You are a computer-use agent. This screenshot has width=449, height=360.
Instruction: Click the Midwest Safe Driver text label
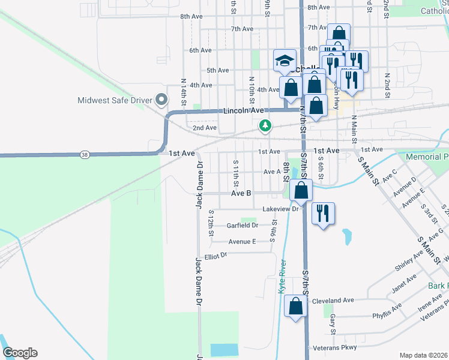112,100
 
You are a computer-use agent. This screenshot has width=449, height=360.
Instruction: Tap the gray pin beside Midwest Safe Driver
160,99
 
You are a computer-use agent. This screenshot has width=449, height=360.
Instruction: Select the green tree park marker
265,125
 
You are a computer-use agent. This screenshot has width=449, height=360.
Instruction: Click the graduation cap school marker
285,60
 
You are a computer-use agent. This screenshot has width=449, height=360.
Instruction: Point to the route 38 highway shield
84,155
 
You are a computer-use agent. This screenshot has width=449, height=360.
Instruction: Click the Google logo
20,353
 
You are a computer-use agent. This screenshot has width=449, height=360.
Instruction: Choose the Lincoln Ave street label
243,111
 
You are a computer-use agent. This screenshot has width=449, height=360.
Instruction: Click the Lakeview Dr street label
280,209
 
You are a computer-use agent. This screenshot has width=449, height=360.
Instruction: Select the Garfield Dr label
243,226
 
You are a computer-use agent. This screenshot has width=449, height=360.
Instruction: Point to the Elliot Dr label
215,256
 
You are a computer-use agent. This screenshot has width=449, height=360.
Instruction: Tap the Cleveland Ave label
334,300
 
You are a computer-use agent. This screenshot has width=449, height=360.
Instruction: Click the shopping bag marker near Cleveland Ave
296,307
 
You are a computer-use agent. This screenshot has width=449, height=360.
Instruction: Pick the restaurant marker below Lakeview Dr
324,214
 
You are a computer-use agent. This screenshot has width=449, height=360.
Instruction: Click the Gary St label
332,323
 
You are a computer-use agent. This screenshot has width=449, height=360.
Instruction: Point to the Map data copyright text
423,355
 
